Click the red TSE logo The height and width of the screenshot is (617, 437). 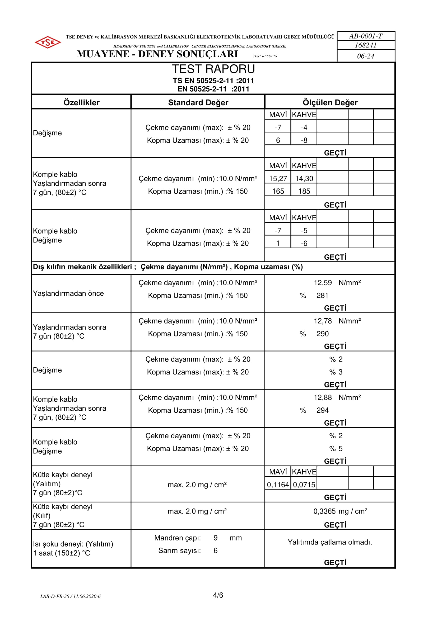[48, 42]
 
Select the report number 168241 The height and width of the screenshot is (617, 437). [365, 45]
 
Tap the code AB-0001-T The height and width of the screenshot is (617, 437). [365, 36]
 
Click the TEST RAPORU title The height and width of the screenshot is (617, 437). [213, 69]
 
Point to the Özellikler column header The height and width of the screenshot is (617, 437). [81, 102]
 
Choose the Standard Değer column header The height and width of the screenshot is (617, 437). [198, 102]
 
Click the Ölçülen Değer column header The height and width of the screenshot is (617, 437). [330, 102]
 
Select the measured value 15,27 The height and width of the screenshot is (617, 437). [278, 178]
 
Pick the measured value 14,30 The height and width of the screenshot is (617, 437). [304, 178]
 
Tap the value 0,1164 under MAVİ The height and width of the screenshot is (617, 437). [278, 485]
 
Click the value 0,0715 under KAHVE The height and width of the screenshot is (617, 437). [304, 485]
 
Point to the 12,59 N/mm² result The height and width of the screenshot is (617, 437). [337, 283]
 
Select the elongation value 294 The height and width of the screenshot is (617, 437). [322, 410]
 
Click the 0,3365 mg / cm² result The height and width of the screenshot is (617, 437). [340, 511]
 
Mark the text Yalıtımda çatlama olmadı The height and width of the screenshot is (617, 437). [330, 542]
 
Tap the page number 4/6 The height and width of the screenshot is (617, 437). [218, 595]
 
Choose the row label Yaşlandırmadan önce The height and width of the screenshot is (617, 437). [68, 293]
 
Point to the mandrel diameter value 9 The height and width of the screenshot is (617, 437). [216, 538]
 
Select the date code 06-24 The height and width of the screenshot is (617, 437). [365, 56]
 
